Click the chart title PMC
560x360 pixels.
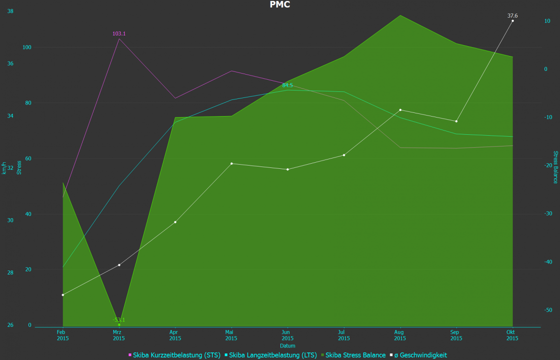(x=280, y=5)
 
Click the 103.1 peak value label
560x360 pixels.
(x=119, y=34)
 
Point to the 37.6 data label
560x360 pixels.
(x=512, y=16)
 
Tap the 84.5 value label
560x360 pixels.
(x=287, y=85)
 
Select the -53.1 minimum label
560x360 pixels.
(x=119, y=320)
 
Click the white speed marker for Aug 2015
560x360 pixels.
(x=400, y=110)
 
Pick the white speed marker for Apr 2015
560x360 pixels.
(x=175, y=222)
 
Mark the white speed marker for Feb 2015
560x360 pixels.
(x=63, y=295)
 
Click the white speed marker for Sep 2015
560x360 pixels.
(x=456, y=121)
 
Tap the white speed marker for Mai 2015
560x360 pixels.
(x=231, y=164)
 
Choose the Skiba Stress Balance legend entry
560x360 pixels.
(x=356, y=355)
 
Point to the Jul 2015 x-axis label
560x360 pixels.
(x=344, y=335)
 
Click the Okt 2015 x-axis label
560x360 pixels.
(x=512, y=335)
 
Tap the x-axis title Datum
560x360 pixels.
(x=287, y=346)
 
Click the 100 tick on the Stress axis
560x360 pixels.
(x=27, y=48)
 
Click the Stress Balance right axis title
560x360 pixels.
(x=555, y=167)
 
